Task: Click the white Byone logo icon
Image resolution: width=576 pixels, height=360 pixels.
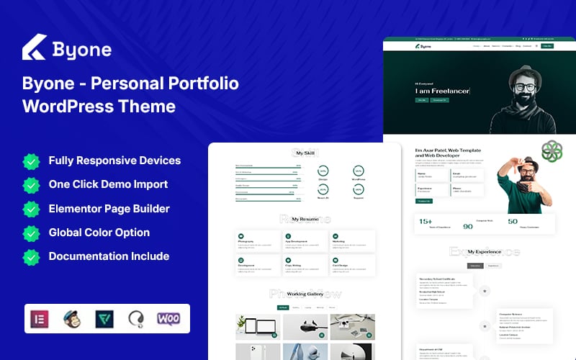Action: tap(33, 48)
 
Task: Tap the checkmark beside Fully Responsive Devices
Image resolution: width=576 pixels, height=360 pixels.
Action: tap(31, 161)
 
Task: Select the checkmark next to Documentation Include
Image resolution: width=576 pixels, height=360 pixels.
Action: tap(31, 256)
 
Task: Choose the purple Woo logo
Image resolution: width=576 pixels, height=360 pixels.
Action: tap(168, 318)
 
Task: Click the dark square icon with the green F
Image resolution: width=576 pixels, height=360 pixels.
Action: tap(104, 318)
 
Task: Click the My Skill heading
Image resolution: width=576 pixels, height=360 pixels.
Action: tap(305, 153)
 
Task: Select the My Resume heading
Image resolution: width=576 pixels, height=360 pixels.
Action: tap(305, 219)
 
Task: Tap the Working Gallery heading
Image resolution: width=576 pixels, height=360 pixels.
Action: tap(305, 294)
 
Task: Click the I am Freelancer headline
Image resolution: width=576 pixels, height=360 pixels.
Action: tap(442, 91)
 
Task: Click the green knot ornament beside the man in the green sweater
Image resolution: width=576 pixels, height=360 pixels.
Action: tap(552, 150)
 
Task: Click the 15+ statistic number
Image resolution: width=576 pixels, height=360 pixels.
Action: tap(426, 222)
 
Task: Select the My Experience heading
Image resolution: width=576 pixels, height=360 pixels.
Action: tap(485, 252)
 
